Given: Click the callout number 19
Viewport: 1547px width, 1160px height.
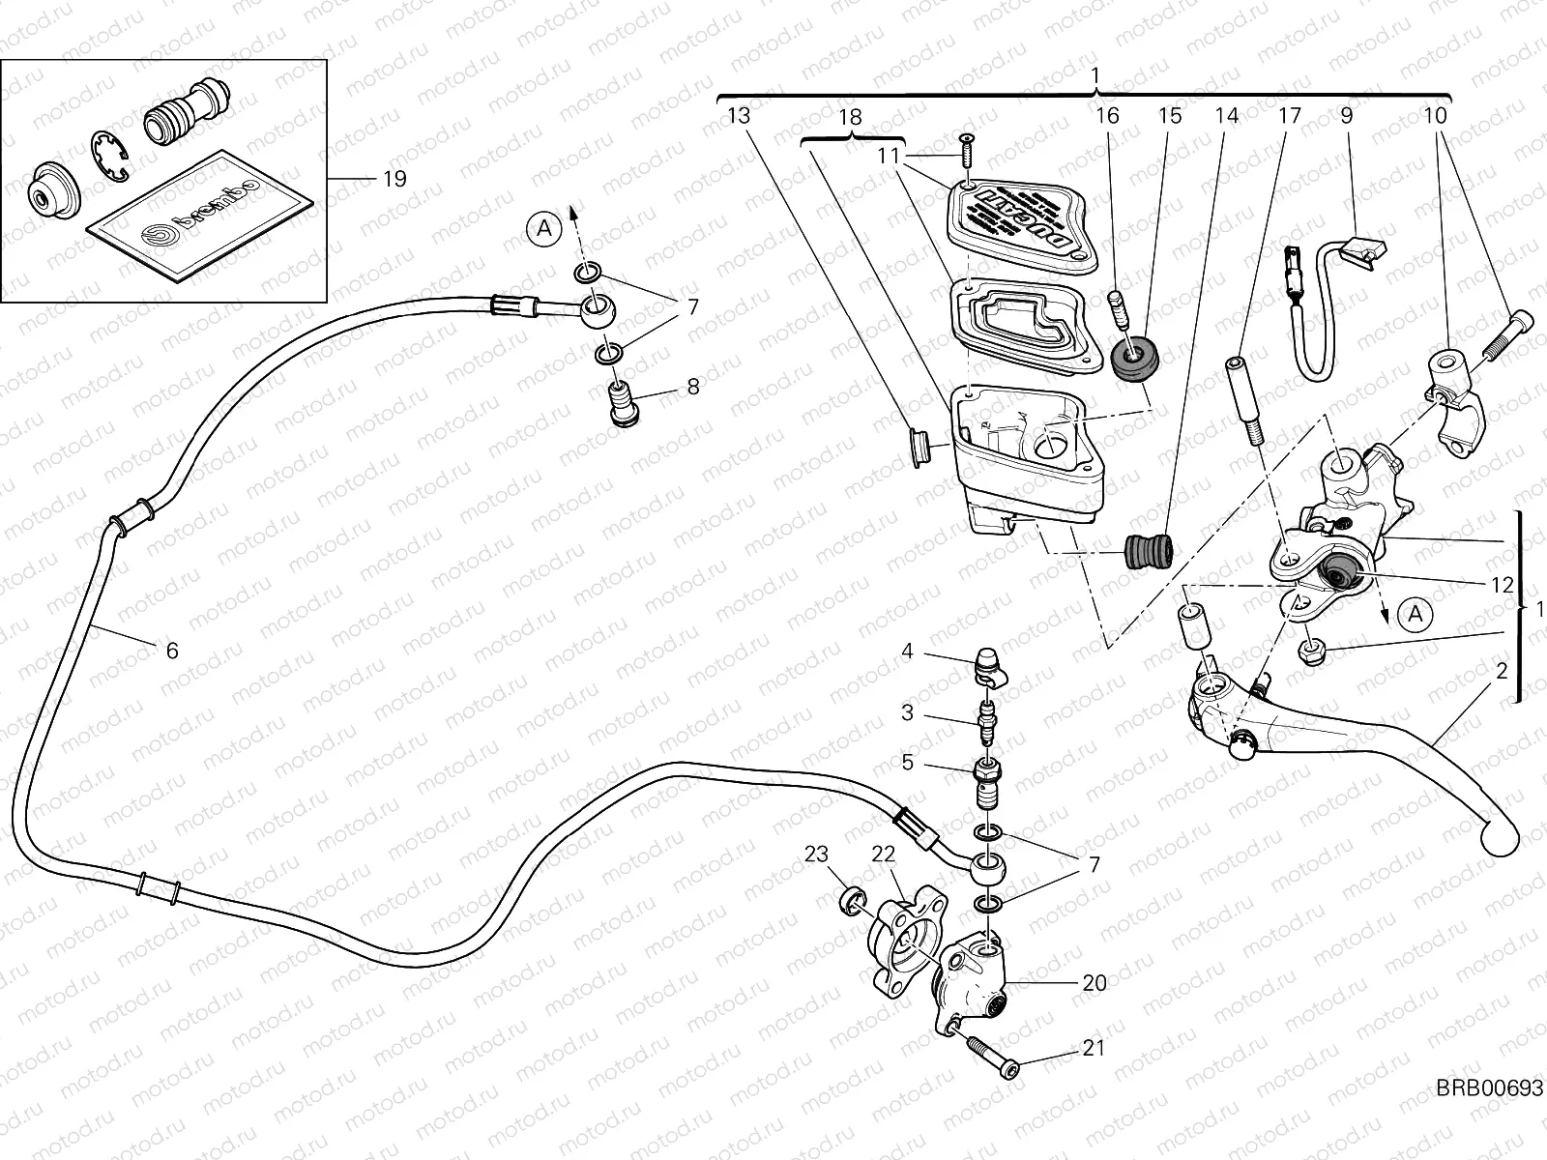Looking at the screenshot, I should click(x=394, y=179).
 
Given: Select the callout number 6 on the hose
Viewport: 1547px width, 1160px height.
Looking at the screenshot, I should click(x=172, y=651).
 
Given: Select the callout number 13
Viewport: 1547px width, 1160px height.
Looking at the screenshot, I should click(x=738, y=116).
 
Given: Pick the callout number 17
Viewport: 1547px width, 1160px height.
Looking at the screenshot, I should click(x=1289, y=116).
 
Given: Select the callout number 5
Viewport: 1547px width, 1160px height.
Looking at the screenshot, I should click(x=907, y=763).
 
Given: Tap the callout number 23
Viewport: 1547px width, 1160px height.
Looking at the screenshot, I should click(x=817, y=855).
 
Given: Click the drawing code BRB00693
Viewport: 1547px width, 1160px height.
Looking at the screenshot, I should click(x=1487, y=1088).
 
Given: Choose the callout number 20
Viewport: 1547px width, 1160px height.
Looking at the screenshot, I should click(x=1094, y=983).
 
